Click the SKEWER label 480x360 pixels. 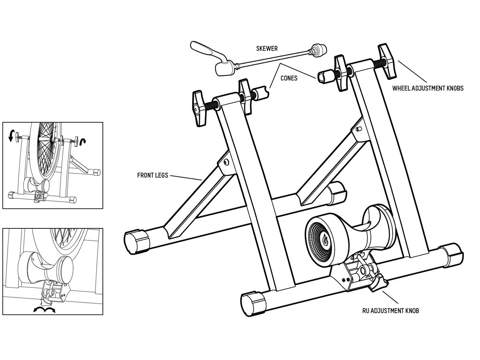(267, 49)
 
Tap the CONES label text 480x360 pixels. (289, 78)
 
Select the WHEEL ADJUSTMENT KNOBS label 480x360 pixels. (428, 88)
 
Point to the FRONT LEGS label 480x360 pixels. (152, 175)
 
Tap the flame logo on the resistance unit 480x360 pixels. (324, 240)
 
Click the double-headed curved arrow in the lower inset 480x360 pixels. (44, 310)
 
